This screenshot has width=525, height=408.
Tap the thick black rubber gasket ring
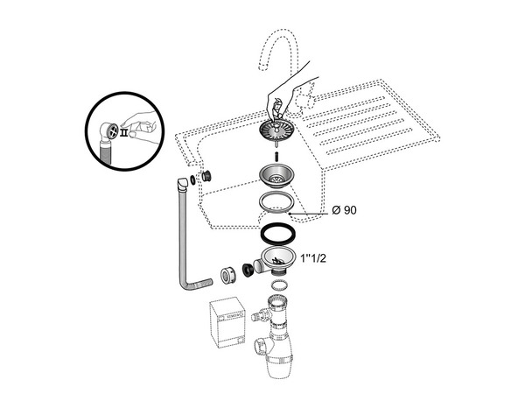pyautogui.click(x=277, y=235)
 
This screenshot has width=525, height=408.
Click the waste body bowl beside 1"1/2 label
pyautogui.click(x=278, y=259)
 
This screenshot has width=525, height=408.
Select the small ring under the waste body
pyautogui.click(x=277, y=285)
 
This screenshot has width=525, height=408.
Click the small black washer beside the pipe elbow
pyautogui.click(x=193, y=182)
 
